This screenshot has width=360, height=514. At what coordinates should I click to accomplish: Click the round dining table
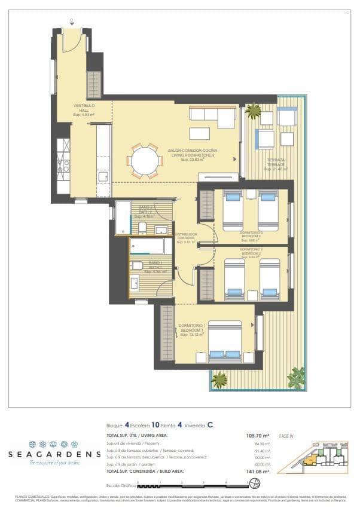(144, 161)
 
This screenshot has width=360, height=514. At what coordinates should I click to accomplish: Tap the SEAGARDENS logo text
(54, 454)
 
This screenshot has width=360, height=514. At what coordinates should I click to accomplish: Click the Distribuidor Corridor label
(187, 238)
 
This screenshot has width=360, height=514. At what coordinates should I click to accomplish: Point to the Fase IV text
(287, 436)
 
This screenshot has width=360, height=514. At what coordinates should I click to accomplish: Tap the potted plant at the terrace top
(253, 111)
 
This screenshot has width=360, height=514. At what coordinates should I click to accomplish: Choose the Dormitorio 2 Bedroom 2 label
(252, 253)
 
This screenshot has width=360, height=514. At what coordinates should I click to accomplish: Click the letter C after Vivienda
(210, 425)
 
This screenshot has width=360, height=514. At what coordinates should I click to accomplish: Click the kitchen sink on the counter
(103, 176)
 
